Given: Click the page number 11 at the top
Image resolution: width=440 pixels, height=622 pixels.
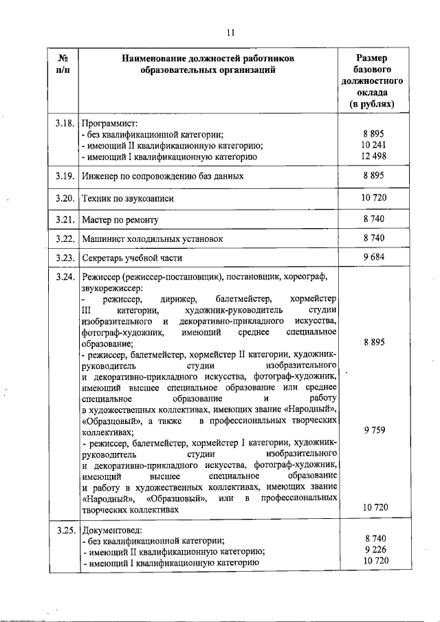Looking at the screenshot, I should point(232,31).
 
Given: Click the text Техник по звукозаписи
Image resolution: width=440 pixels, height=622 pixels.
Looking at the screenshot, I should point(127,198).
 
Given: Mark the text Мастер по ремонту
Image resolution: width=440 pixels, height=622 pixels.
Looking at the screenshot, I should point(120,220).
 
